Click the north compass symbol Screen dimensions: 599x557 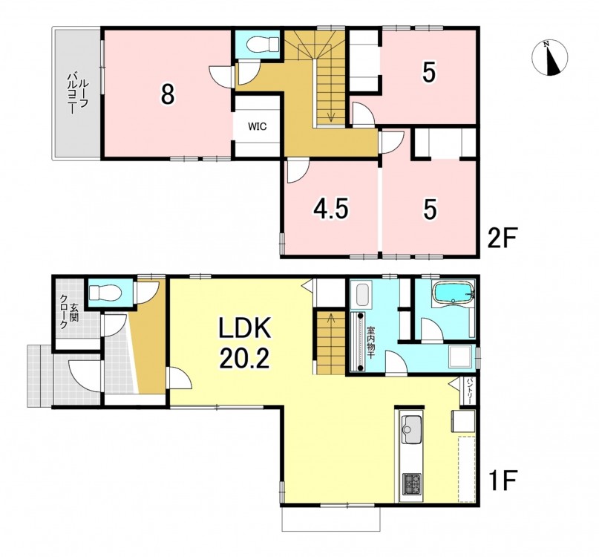(x=550, y=58)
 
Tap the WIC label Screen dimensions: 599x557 (x=257, y=126)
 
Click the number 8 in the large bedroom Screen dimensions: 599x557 (x=168, y=94)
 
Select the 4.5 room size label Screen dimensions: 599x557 (x=330, y=209)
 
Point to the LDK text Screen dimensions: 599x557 (x=244, y=328)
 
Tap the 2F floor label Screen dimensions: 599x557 (x=503, y=238)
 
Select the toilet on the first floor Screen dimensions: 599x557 (x=105, y=293)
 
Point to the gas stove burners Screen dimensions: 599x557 (x=411, y=483)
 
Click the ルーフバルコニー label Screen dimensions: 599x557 (x=78, y=92)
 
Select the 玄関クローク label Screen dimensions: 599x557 (x=68, y=310)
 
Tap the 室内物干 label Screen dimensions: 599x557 (x=370, y=342)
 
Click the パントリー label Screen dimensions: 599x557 (x=469, y=391)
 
